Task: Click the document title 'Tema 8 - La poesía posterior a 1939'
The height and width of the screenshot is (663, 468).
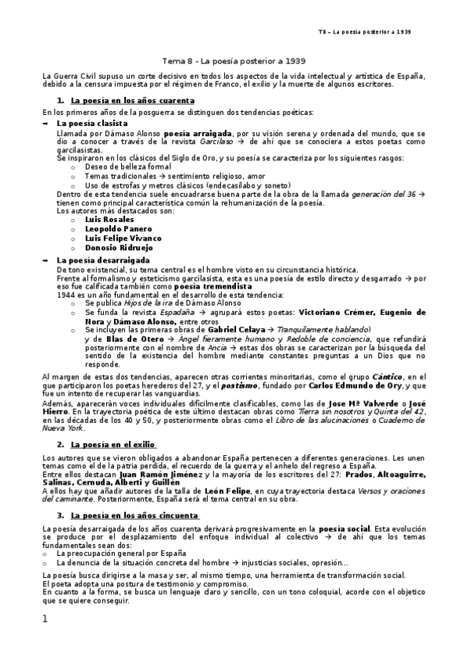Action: (233, 60)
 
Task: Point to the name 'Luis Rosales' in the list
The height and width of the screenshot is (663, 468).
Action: (110, 219)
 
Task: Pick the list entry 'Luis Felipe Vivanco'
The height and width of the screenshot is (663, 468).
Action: (123, 238)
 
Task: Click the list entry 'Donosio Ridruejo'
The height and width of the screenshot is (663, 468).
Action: (120, 247)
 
